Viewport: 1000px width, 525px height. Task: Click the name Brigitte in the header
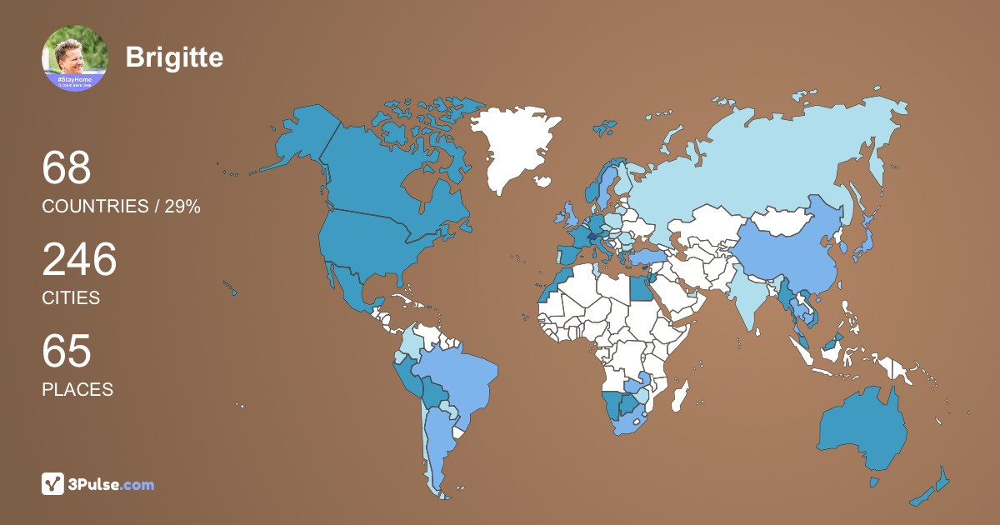click(x=174, y=57)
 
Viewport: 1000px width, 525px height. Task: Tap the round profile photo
click(x=75, y=57)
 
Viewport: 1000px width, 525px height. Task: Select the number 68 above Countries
click(x=67, y=168)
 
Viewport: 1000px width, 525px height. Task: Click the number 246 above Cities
click(x=80, y=260)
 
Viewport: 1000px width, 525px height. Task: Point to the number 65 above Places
click(x=67, y=352)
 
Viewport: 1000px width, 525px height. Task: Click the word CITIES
click(x=71, y=297)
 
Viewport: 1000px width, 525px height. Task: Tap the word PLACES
click(x=77, y=389)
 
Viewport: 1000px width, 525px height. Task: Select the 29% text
click(x=182, y=207)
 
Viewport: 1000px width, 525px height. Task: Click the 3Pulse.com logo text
click(x=112, y=484)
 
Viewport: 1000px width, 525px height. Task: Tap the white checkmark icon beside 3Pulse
click(x=53, y=484)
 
